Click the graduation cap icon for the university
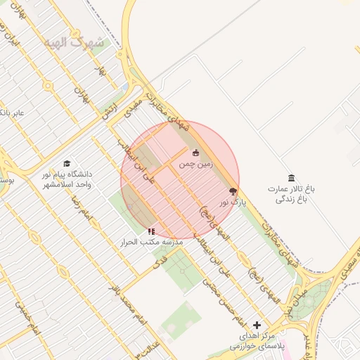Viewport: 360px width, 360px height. coord(67,163)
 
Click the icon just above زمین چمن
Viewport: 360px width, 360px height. coord(195,153)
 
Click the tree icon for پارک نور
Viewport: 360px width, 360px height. coord(233,191)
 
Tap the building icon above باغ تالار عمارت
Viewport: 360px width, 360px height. coord(292,178)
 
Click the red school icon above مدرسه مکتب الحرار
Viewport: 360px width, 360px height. coord(150,231)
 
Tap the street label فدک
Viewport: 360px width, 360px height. coord(159,263)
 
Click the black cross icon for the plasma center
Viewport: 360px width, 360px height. coord(257,325)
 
